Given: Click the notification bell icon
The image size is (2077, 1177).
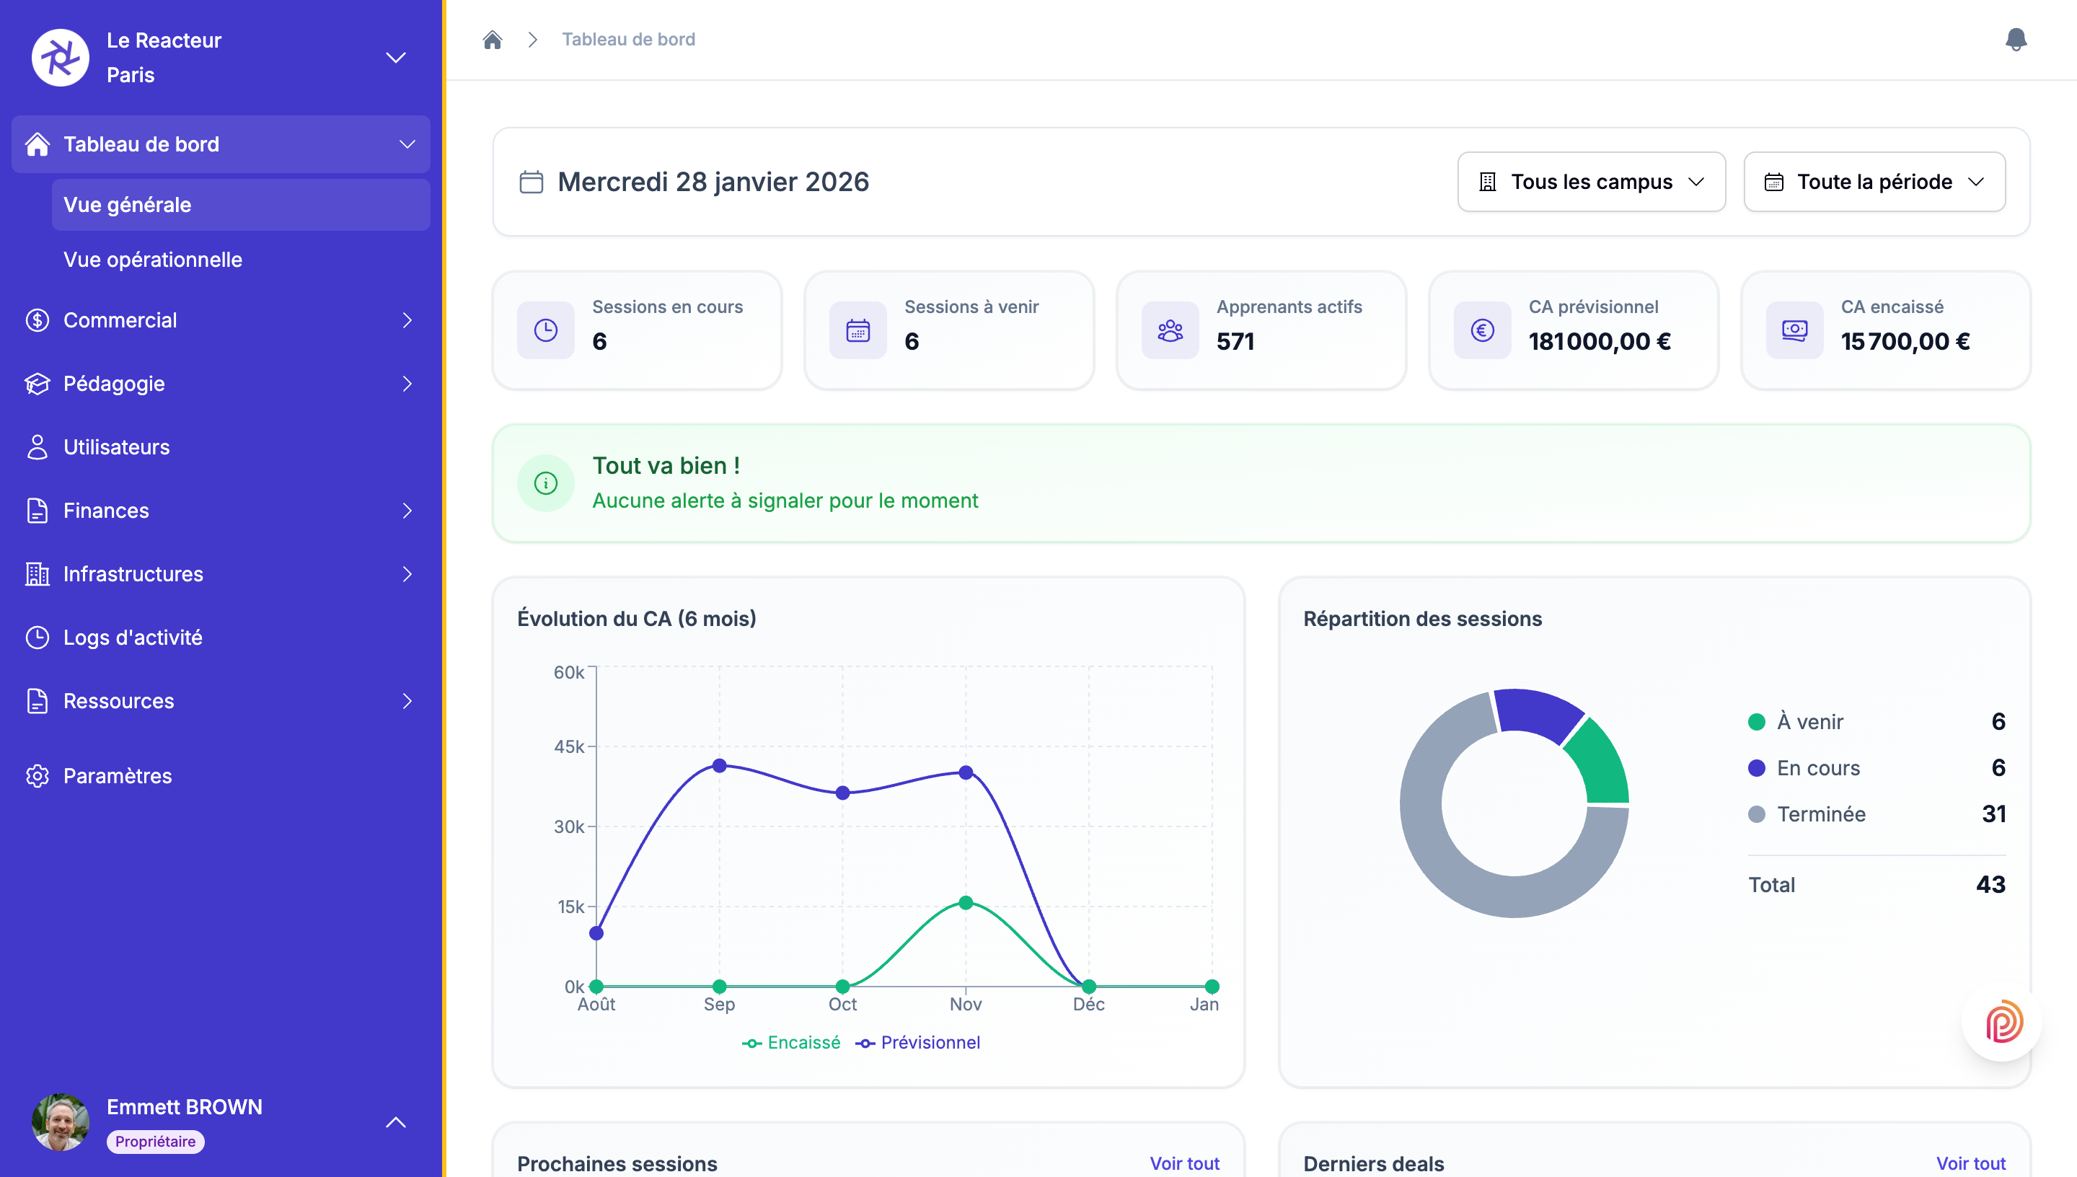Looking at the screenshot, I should point(2016,39).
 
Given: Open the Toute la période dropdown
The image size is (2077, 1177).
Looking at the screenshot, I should point(1874,182).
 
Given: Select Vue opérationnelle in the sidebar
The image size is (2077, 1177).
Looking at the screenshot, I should point(153,260).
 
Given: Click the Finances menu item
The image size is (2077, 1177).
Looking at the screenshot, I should point(106,511).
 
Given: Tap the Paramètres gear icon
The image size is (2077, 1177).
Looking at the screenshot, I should point(38,776).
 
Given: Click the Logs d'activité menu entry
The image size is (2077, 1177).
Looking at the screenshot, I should point(133,638).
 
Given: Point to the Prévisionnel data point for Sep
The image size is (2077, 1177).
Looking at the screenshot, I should point(719,765).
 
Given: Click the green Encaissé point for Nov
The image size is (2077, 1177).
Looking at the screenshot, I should point(965,903).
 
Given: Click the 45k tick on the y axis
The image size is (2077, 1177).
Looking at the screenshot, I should point(569,747).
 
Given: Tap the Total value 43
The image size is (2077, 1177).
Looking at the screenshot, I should point(1990,884).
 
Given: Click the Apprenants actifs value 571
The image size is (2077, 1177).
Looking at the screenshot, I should point(1235,342).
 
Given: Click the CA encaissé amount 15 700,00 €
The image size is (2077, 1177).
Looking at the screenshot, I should point(1905,342).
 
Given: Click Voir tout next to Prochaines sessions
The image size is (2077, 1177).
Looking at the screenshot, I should point(1184,1163).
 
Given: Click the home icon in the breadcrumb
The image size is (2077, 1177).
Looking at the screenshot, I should point(492,40).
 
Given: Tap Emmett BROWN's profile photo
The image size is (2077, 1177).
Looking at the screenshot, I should point(61,1122).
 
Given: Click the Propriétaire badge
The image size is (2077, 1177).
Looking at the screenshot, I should point(155,1142).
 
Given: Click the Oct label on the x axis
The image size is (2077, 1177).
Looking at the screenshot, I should point(842,1004).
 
